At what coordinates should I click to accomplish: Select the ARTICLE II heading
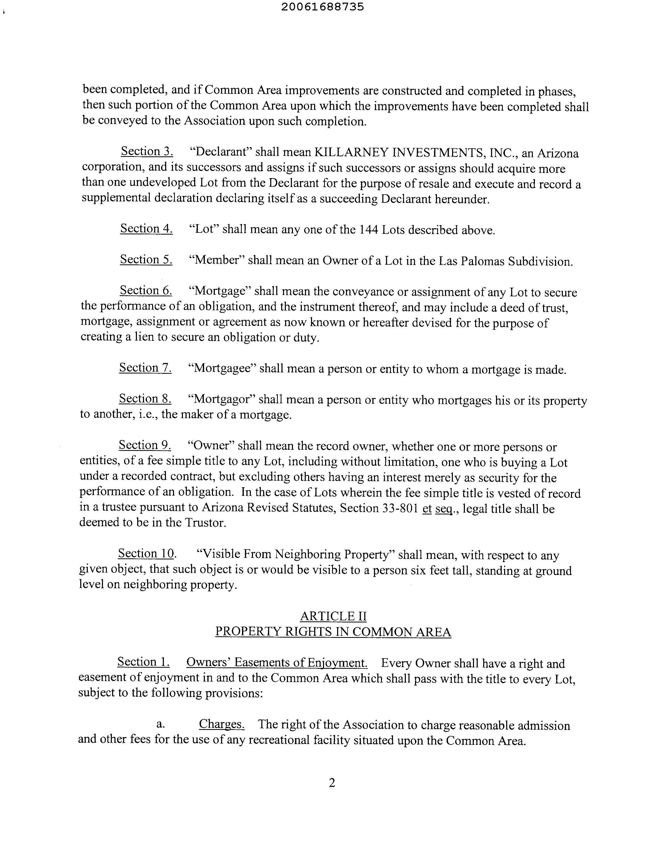[x=333, y=616]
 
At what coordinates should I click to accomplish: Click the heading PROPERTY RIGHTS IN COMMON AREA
[x=333, y=632]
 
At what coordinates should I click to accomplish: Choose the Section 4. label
[x=146, y=229]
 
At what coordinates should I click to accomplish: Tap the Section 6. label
[x=146, y=291]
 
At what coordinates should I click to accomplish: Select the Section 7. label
[x=145, y=368]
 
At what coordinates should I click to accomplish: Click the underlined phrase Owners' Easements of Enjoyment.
[x=277, y=663]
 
